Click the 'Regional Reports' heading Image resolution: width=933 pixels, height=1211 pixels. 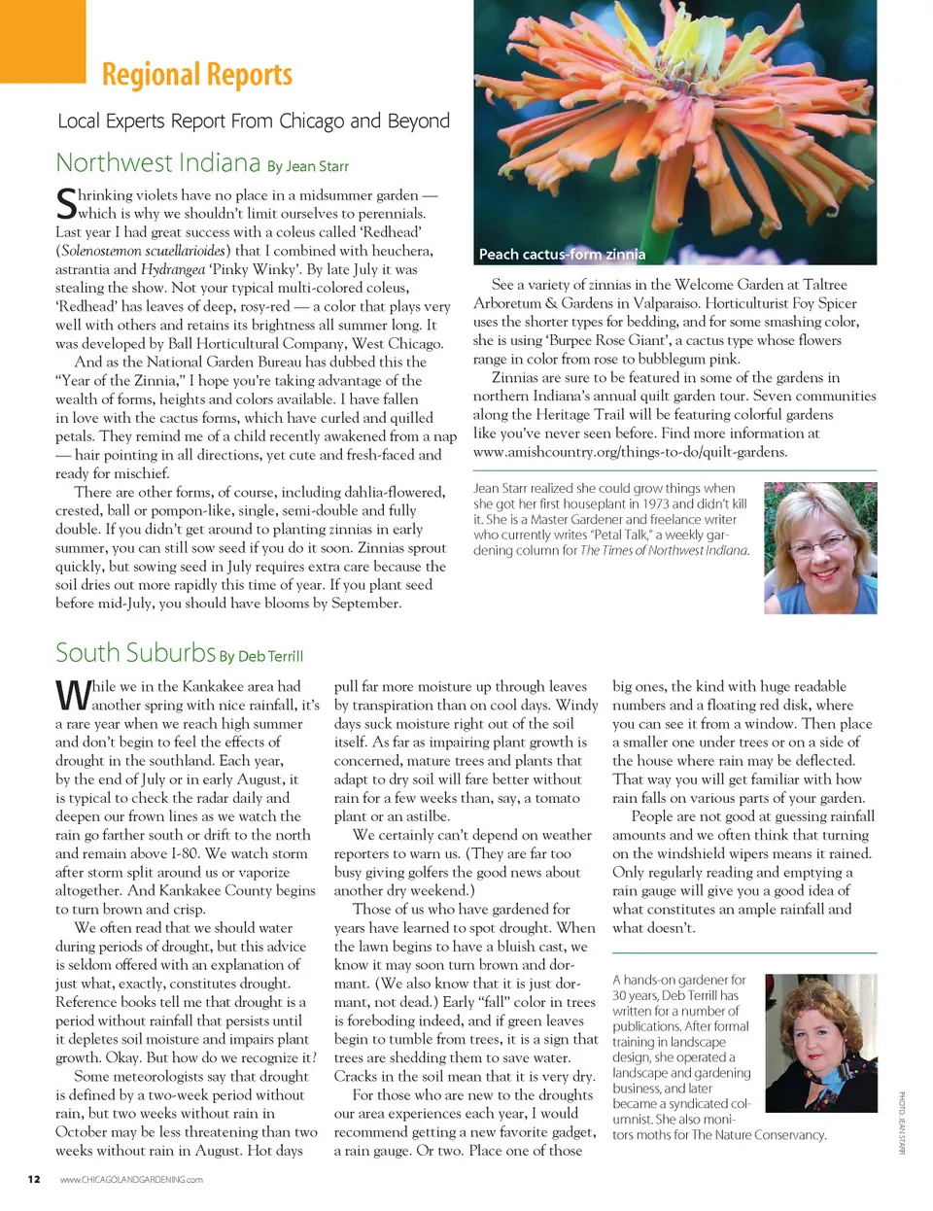pyautogui.click(x=196, y=75)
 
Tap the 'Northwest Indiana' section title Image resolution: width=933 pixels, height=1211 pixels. pyautogui.click(x=157, y=162)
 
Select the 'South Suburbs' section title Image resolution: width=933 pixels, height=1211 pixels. pyautogui.click(x=135, y=652)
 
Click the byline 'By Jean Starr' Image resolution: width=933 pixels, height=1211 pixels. pyautogui.click(x=307, y=166)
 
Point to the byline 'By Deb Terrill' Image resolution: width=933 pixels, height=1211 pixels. pyautogui.click(x=261, y=656)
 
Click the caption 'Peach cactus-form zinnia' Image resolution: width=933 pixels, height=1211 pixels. pyautogui.click(x=562, y=255)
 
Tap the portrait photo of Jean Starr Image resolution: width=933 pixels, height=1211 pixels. pyautogui.click(x=819, y=547)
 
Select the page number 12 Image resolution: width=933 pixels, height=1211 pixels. pyautogui.click(x=34, y=1179)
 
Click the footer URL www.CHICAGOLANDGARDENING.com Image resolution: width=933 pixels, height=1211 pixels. pyautogui.click(x=131, y=1180)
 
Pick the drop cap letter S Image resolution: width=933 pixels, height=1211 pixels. pyautogui.click(x=66, y=203)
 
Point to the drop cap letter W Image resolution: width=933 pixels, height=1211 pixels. pyautogui.click(x=73, y=695)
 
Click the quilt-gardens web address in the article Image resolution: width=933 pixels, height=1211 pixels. pyautogui.click(x=630, y=452)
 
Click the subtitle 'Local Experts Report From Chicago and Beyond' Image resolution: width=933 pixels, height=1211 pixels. pyautogui.click(x=254, y=121)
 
